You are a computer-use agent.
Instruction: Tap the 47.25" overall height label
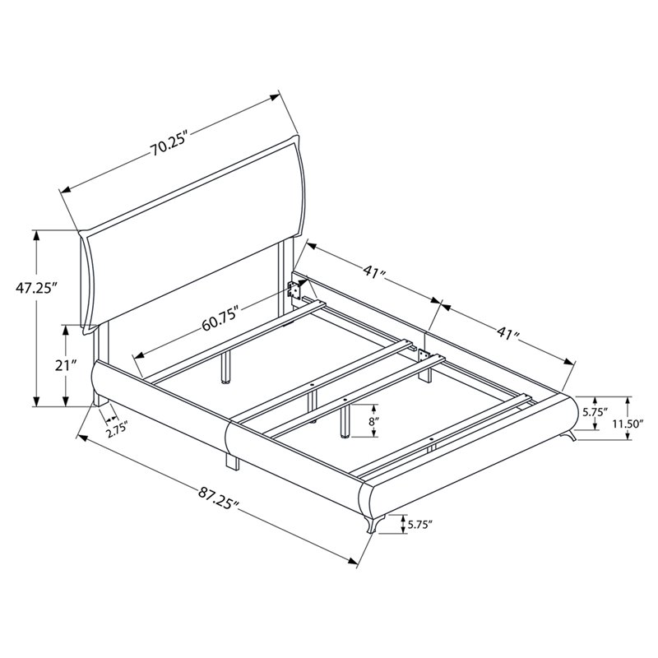click(x=36, y=289)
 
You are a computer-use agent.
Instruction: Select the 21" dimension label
click(x=67, y=365)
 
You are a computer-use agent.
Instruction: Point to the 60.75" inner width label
click(x=220, y=317)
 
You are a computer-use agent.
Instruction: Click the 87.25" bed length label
click(x=218, y=498)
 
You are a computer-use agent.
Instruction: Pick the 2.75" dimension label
click(x=117, y=430)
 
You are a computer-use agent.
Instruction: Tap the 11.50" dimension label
click(x=628, y=424)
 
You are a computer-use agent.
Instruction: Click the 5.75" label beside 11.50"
click(x=595, y=412)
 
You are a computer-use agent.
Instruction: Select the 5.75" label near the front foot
click(x=420, y=524)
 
